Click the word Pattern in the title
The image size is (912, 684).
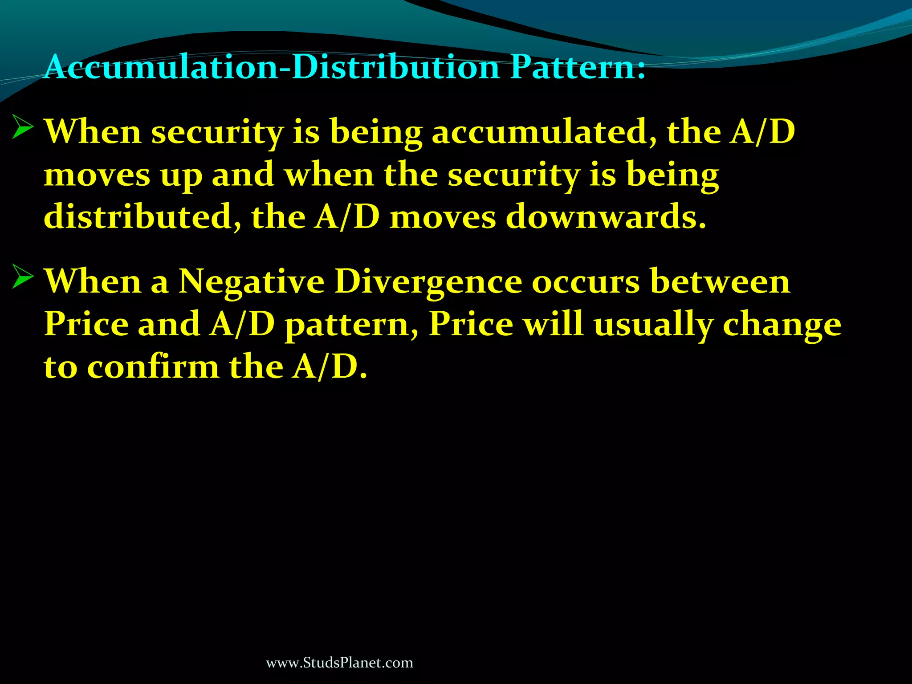click(577, 68)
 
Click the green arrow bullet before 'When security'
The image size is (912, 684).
click(22, 126)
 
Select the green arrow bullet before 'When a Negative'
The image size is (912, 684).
click(22, 277)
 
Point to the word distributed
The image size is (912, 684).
click(142, 217)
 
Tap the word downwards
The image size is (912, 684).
click(606, 217)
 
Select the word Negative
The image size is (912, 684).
click(252, 282)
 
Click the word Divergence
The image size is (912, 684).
click(428, 282)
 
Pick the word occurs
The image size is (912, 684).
click(586, 282)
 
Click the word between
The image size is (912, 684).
click(720, 282)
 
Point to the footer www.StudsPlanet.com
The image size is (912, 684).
click(339, 663)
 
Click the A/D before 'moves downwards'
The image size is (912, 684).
click(347, 217)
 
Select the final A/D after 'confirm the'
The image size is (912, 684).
click(330, 367)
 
